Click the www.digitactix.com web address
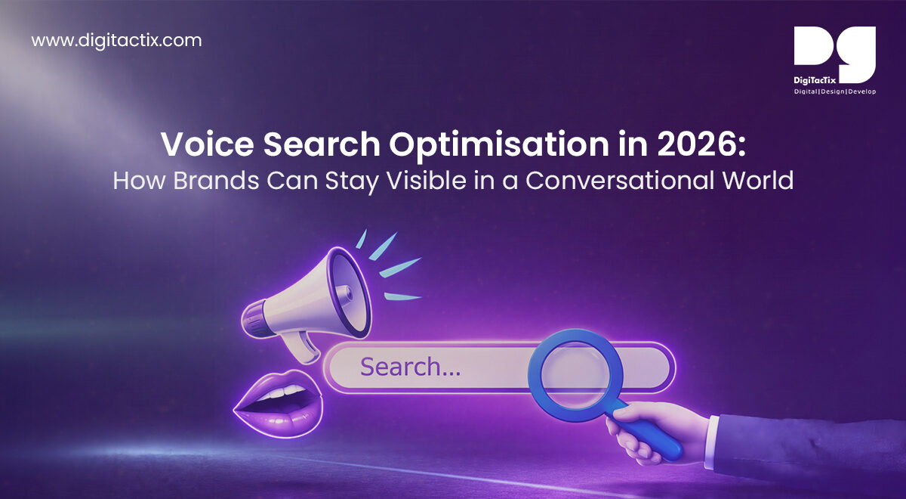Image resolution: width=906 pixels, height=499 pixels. pos(116,41)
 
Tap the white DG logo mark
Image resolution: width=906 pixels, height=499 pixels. pos(834,54)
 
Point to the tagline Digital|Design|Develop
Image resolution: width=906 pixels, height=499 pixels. pos(834,102)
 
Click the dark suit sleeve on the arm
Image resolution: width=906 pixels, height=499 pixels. pos(815,439)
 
